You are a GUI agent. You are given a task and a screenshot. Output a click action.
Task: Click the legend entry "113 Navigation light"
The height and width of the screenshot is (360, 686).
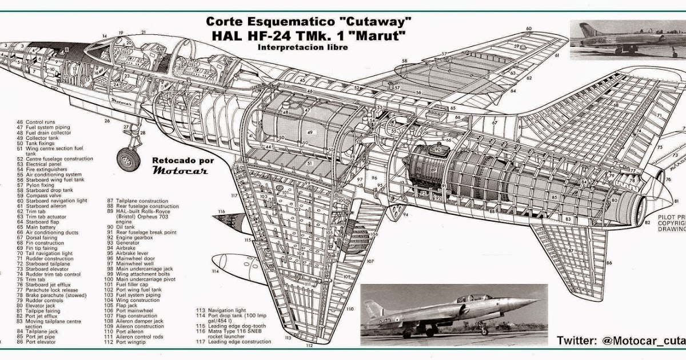tap(224, 310)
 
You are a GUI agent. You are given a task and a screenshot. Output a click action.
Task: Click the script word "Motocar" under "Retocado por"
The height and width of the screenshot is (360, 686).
tap(180, 170)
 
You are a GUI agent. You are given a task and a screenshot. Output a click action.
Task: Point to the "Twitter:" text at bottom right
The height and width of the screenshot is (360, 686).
tap(577, 341)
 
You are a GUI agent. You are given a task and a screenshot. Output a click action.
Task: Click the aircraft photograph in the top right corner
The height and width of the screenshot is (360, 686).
tap(628, 38)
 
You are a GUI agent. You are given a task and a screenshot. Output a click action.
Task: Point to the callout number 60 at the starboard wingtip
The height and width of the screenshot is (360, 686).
tap(529, 29)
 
